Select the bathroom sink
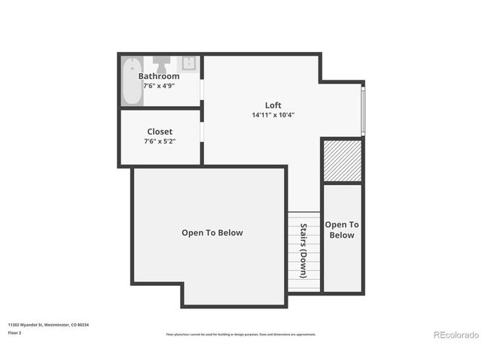tap(188, 62)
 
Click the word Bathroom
tap(159, 76)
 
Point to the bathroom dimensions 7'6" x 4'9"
tap(159, 86)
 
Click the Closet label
tap(160, 132)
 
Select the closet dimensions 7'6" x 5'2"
tap(160, 141)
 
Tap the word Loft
tap(273, 105)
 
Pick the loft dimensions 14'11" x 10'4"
tap(273, 115)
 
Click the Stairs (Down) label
tap(304, 250)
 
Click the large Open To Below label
tap(212, 232)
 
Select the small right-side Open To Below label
tap(341, 229)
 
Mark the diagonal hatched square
tap(342, 161)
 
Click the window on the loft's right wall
tap(363, 111)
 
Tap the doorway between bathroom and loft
tap(202, 87)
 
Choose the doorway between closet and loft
tap(202, 129)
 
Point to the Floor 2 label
tap(15, 332)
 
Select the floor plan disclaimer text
tap(241, 335)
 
